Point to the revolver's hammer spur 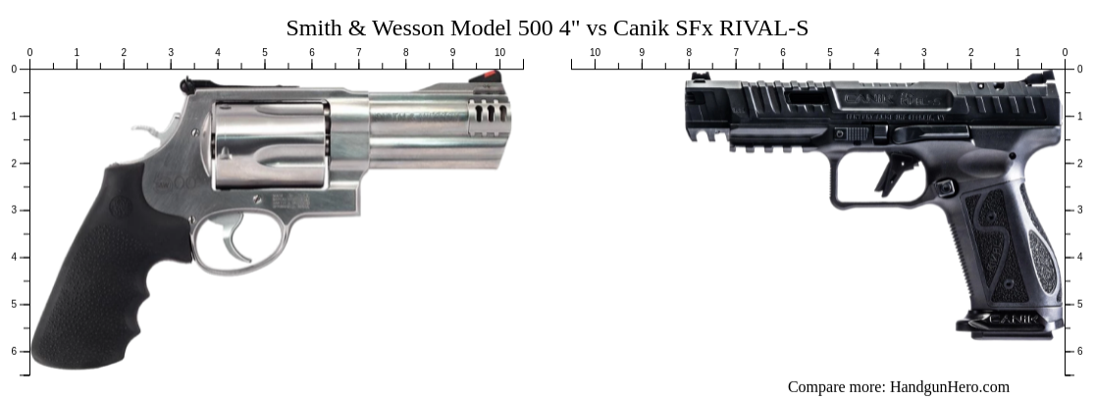pyautogui.click(x=146, y=128)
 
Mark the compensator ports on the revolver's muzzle pyautogui.click(x=490, y=114)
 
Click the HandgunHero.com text pyautogui.click(x=949, y=387)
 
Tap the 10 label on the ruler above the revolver pyautogui.click(x=499, y=52)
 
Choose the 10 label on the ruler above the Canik pyautogui.click(x=595, y=52)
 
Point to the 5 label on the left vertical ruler pyautogui.click(x=14, y=304)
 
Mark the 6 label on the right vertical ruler pyautogui.click(x=1079, y=351)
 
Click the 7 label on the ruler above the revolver pyautogui.click(x=358, y=52)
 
